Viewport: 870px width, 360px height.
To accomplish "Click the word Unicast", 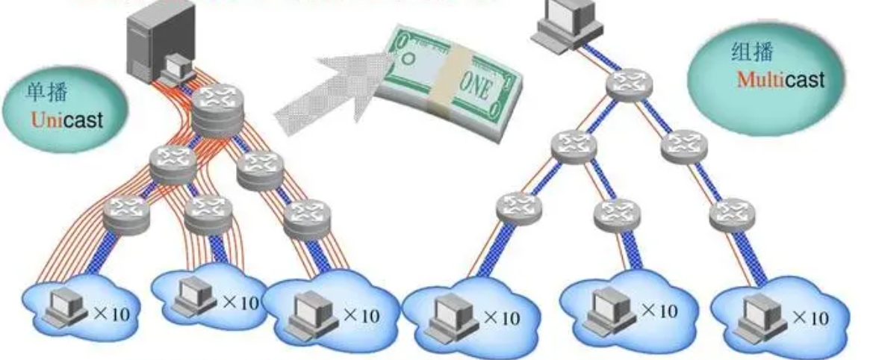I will tap(67, 119).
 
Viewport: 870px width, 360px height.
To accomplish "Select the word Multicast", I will tap(781, 79).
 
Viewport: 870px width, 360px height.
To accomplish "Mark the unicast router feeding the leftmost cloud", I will tap(127, 212).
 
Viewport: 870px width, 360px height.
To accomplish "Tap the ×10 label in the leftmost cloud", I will tap(111, 313).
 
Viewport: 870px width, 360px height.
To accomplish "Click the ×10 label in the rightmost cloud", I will tap(810, 317).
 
